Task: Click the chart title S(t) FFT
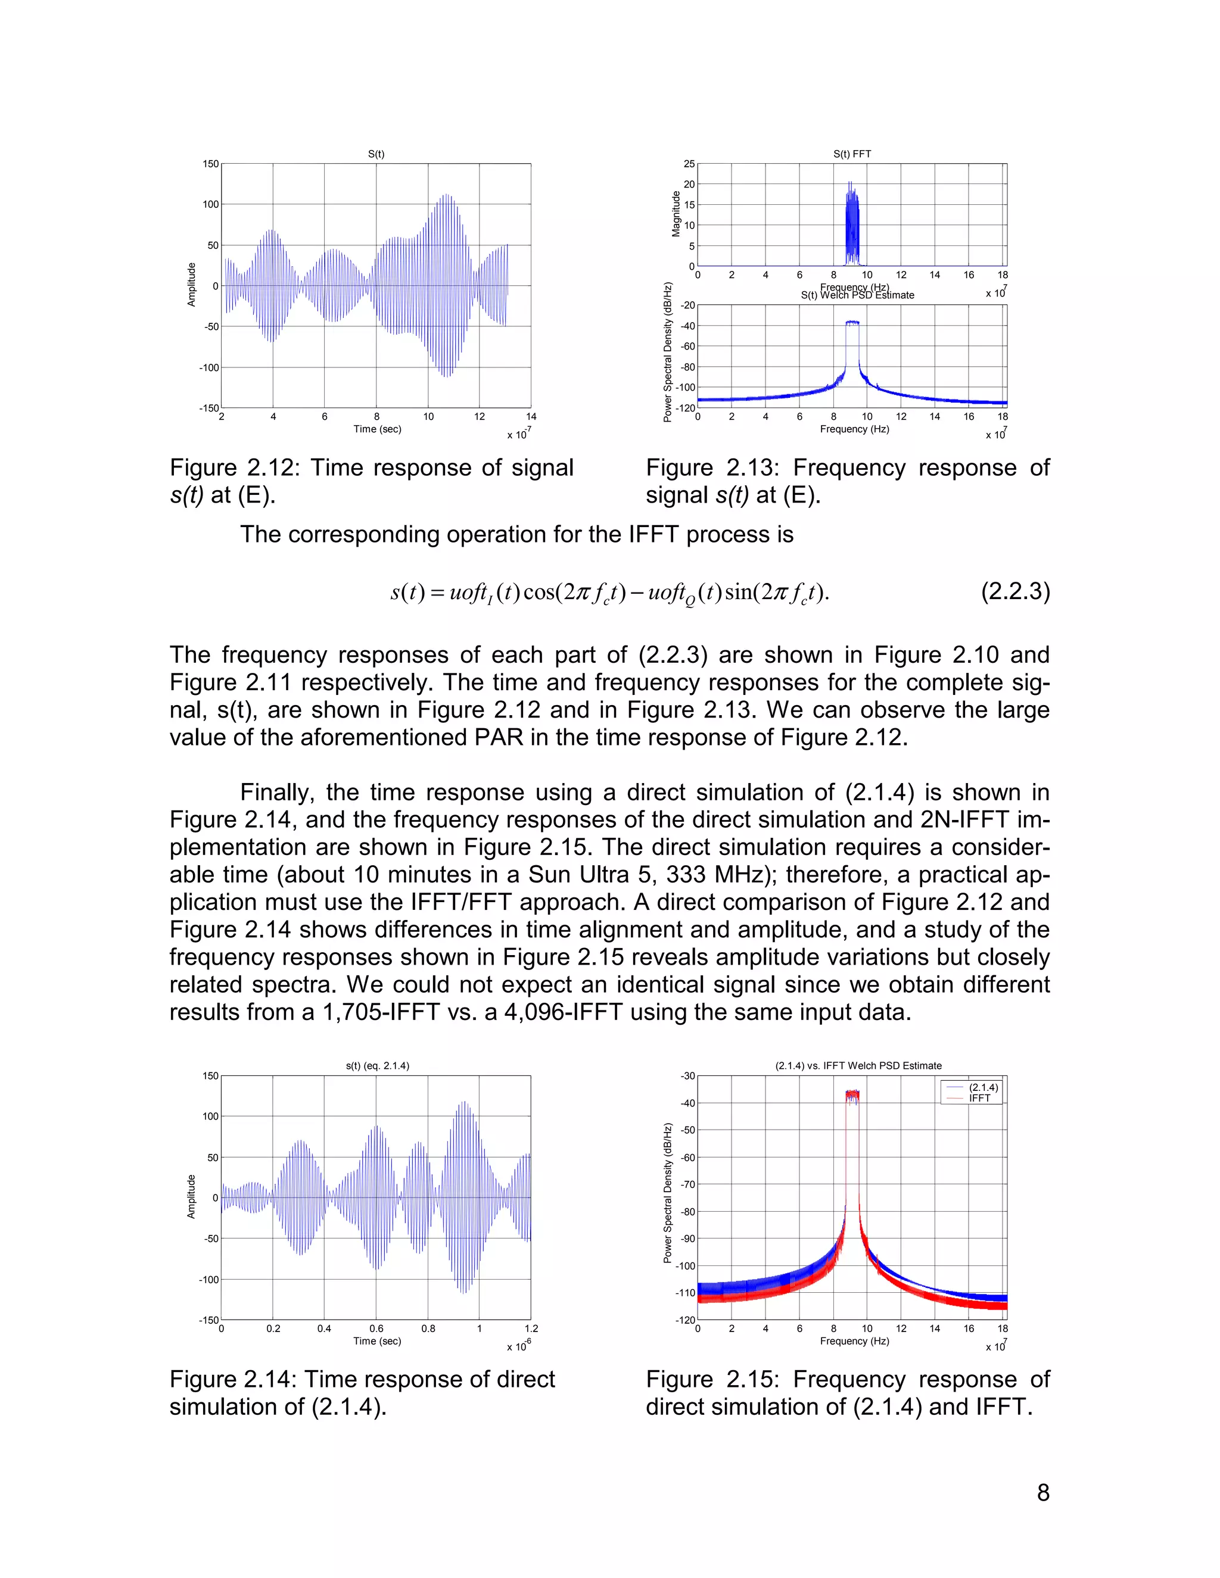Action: (x=851, y=154)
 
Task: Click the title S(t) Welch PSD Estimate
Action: (x=857, y=295)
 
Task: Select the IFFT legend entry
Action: (x=979, y=1098)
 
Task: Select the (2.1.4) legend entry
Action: (x=983, y=1087)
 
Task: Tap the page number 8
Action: (x=1043, y=1493)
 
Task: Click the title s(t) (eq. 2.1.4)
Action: (x=377, y=1066)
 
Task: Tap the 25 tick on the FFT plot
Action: (x=689, y=164)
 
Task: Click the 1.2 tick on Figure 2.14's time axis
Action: (x=531, y=1328)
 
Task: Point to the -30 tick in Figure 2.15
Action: (x=687, y=1076)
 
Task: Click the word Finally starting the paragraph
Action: (x=277, y=793)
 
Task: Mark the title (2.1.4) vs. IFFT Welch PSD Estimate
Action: (x=858, y=1066)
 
